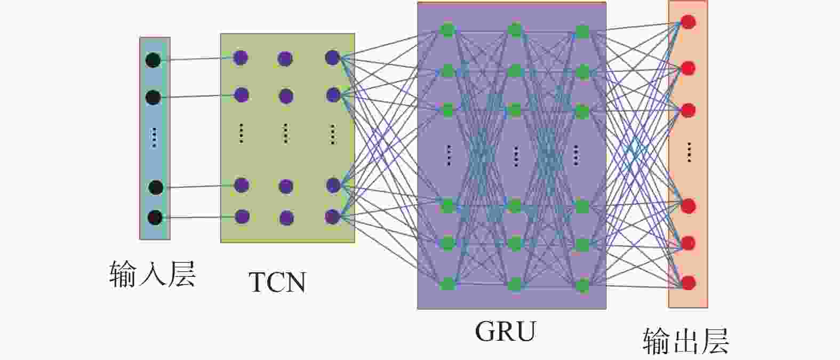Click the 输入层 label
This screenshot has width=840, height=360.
pyautogui.click(x=152, y=274)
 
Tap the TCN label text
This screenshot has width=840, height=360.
pyautogui.click(x=277, y=282)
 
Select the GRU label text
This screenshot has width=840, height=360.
pyautogui.click(x=505, y=331)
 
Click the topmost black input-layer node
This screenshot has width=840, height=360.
pyautogui.click(x=153, y=60)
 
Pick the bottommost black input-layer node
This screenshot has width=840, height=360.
pyautogui.click(x=155, y=218)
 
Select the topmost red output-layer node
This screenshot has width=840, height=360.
pyautogui.click(x=689, y=22)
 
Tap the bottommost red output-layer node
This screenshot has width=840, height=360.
pyautogui.click(x=689, y=282)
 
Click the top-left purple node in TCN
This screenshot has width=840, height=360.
pyautogui.click(x=241, y=57)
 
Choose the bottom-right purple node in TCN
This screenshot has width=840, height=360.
pyautogui.click(x=332, y=217)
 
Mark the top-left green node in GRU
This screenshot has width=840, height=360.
pyautogui.click(x=447, y=30)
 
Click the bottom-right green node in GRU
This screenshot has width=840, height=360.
pyautogui.click(x=582, y=285)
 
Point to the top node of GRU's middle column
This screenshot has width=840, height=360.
pyautogui.click(x=515, y=30)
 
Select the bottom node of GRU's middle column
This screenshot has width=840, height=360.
pyautogui.click(x=515, y=284)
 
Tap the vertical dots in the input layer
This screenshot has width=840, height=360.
pyautogui.click(x=154, y=137)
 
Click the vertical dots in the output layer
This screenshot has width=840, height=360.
pyautogui.click(x=689, y=152)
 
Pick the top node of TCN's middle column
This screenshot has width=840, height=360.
pyautogui.click(x=285, y=58)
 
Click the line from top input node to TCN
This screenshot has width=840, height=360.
pyautogui.click(x=197, y=59)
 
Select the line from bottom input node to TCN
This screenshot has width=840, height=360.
pyautogui.click(x=197, y=217)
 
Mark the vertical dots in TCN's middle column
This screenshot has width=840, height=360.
pyautogui.click(x=286, y=133)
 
